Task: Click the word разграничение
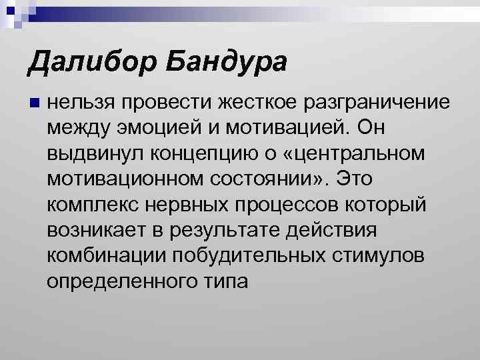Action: tap(377, 103)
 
